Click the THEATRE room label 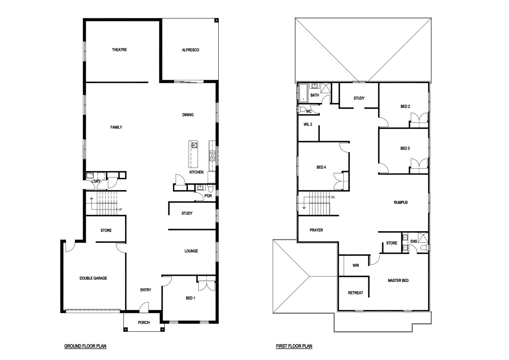click(x=119, y=50)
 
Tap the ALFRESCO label click(x=191, y=50)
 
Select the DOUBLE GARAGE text click(x=93, y=278)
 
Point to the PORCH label click(x=144, y=322)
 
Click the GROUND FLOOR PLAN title click(x=85, y=346)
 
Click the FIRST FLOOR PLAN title click(x=294, y=346)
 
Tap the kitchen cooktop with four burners click(x=212, y=156)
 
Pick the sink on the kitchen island click(x=194, y=145)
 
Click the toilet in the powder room click(x=210, y=188)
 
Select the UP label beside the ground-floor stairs click(x=120, y=209)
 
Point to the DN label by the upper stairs click(x=333, y=197)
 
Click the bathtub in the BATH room click(x=303, y=93)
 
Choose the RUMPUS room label click(x=401, y=202)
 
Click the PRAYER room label click(x=316, y=230)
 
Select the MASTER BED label click(x=398, y=281)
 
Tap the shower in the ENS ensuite click(x=423, y=237)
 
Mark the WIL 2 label click(x=308, y=124)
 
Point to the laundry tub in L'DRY click(x=90, y=176)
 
